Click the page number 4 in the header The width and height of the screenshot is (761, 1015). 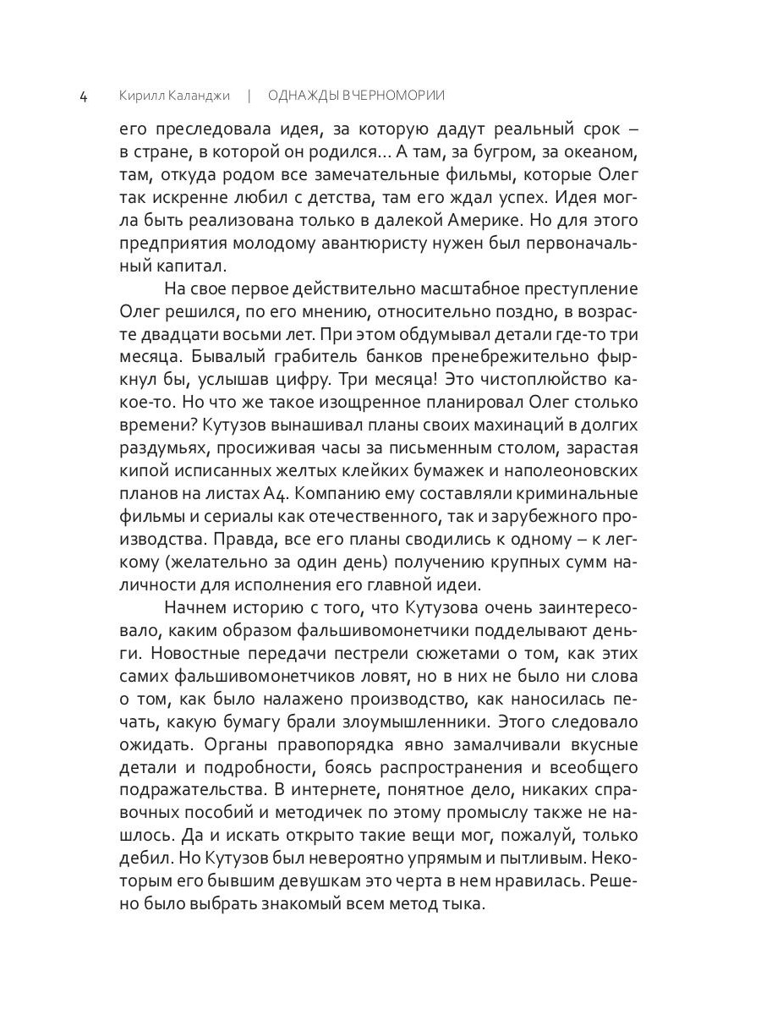pos(83,96)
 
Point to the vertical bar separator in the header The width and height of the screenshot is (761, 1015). pos(249,96)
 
